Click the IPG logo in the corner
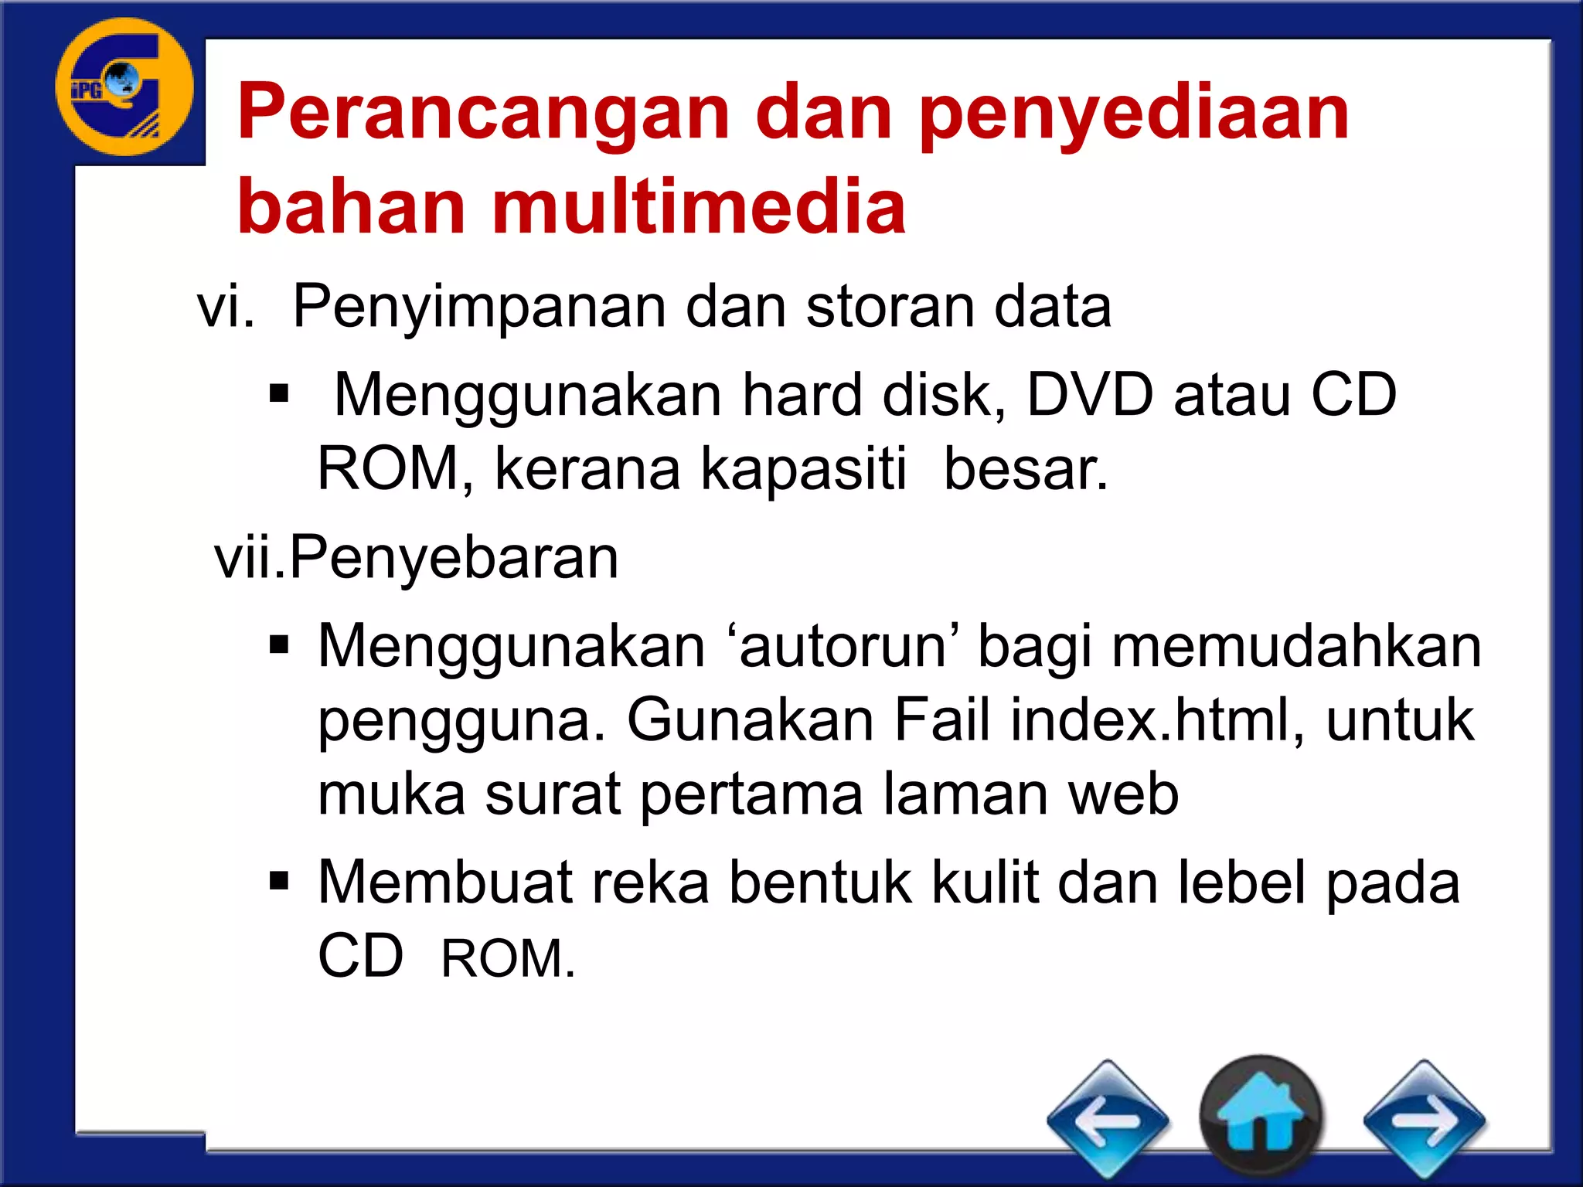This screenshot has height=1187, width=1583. [124, 87]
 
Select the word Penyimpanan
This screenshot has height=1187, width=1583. [478, 308]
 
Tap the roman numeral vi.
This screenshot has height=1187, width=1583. [225, 308]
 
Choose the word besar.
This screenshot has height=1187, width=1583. [1026, 469]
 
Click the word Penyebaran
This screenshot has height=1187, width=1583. [454, 557]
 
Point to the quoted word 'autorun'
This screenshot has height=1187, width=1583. [842, 646]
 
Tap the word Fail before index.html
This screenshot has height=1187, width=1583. [941, 719]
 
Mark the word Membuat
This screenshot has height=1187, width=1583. [444, 882]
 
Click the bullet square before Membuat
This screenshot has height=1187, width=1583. [279, 880]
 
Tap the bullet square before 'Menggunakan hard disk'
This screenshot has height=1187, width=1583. [279, 394]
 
